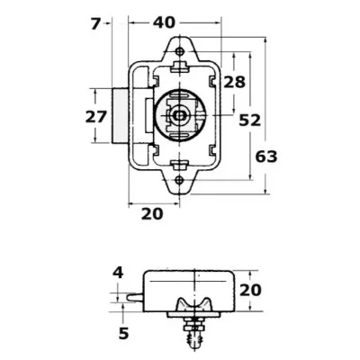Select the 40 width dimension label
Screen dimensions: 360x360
pyautogui.click(x=164, y=21)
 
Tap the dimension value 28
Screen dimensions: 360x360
pyautogui.click(x=234, y=82)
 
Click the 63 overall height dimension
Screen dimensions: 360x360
pyautogui.click(x=267, y=156)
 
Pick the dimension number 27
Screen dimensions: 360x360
pyautogui.click(x=95, y=116)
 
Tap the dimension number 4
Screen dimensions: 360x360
pyautogui.click(x=117, y=272)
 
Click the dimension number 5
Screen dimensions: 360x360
pyautogui.click(x=123, y=333)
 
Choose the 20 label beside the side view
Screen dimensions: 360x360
pyautogui.click(x=249, y=290)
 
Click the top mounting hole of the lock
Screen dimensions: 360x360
pyautogui.click(x=181, y=49)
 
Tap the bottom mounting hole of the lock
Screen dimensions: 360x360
pyautogui.click(x=181, y=180)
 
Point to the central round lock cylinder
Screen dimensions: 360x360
pyautogui.click(x=181, y=114)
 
